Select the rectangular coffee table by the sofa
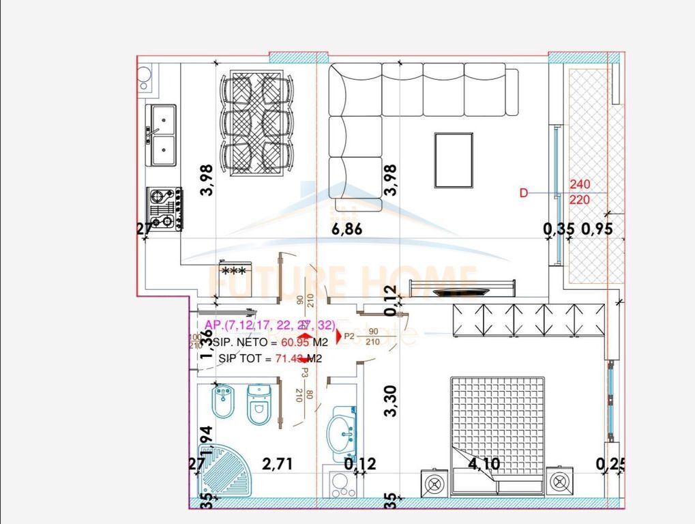[x=454, y=160]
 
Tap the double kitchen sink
[x=163, y=135]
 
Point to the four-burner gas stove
[x=164, y=208]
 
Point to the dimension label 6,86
[x=346, y=229]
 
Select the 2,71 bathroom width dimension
[x=278, y=465]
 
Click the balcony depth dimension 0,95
[x=597, y=229]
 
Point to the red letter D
[x=524, y=193]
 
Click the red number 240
[x=580, y=184]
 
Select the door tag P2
[x=349, y=336]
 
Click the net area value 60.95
[x=286, y=342]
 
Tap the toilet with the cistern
[x=258, y=403]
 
